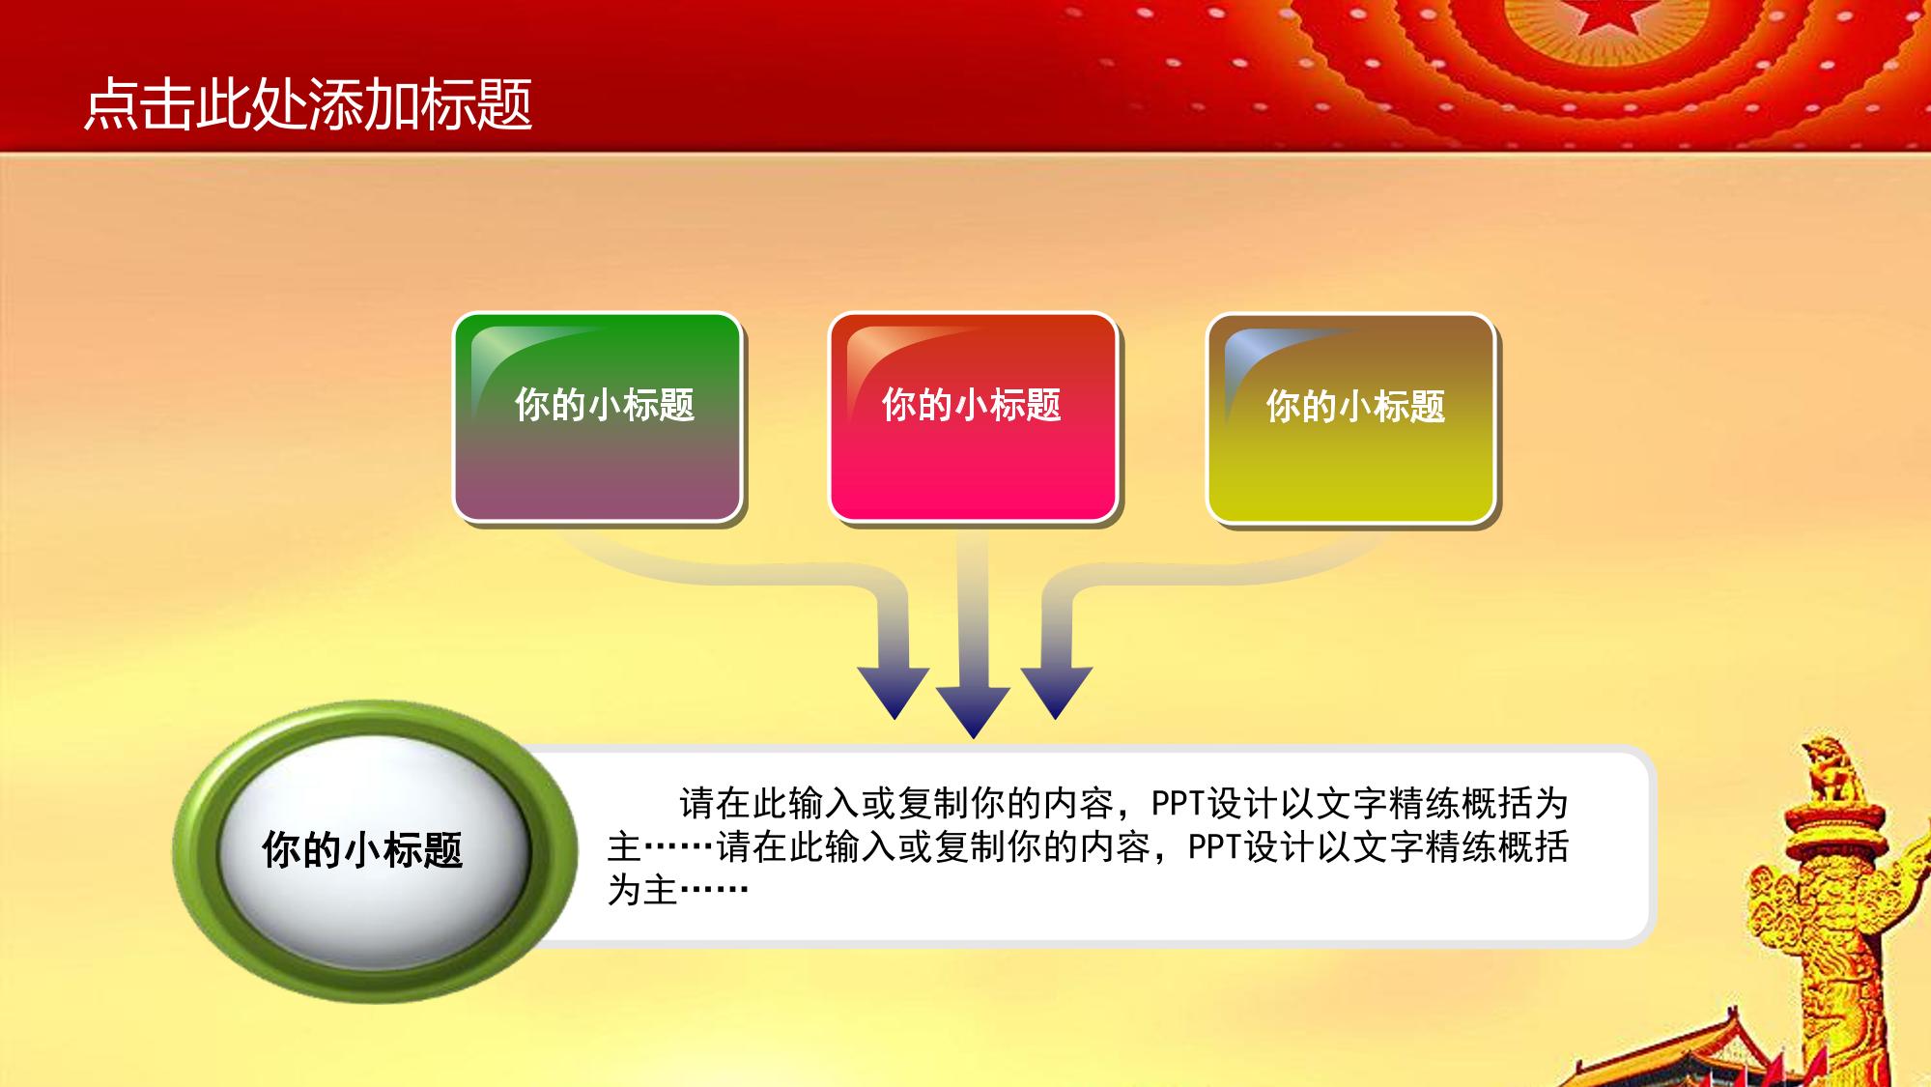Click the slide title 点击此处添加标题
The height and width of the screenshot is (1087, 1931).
[308, 103]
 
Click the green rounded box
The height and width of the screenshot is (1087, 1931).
[597, 417]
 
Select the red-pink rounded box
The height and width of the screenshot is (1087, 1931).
[973, 417]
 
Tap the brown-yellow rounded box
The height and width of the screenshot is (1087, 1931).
[1350, 418]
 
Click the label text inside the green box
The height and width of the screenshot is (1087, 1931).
[605, 405]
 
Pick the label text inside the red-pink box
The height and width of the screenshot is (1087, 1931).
[972, 405]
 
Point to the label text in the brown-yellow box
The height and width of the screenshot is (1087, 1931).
[1356, 407]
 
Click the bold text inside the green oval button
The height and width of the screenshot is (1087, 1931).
[362, 850]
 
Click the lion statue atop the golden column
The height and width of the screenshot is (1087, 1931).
[1827, 771]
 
